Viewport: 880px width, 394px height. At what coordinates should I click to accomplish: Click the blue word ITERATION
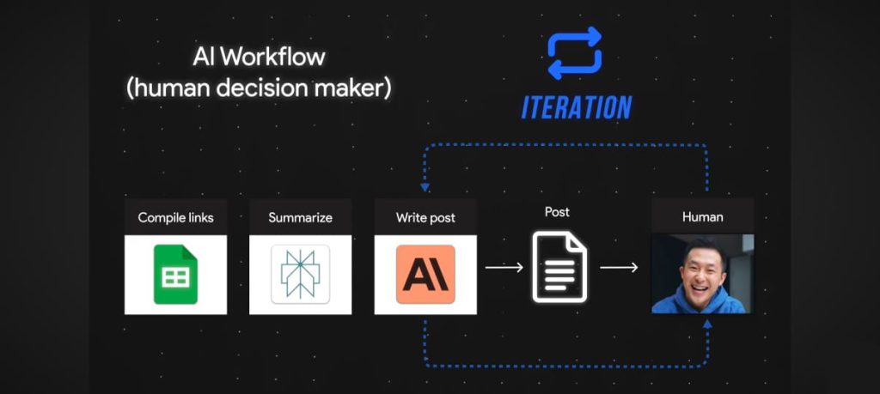click(577, 107)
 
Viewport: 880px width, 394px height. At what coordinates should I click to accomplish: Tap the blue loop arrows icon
click(575, 55)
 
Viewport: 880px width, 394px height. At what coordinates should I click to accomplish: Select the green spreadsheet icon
click(176, 274)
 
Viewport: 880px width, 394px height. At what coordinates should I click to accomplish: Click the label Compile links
click(176, 217)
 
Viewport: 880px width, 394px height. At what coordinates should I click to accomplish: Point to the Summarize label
click(300, 217)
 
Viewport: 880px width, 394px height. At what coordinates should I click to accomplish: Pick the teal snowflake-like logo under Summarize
click(300, 274)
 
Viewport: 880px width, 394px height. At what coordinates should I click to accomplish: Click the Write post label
click(425, 217)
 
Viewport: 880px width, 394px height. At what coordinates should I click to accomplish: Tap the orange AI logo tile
click(425, 274)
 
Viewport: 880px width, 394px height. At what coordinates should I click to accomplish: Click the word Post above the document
click(557, 211)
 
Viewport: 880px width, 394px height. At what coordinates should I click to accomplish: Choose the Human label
click(702, 217)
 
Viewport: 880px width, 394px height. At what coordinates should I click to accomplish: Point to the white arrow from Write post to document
click(504, 268)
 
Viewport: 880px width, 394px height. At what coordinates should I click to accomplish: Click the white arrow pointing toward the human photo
click(619, 268)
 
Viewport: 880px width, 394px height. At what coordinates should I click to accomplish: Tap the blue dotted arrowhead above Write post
click(425, 185)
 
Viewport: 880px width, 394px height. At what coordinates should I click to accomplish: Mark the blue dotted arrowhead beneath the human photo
click(707, 324)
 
